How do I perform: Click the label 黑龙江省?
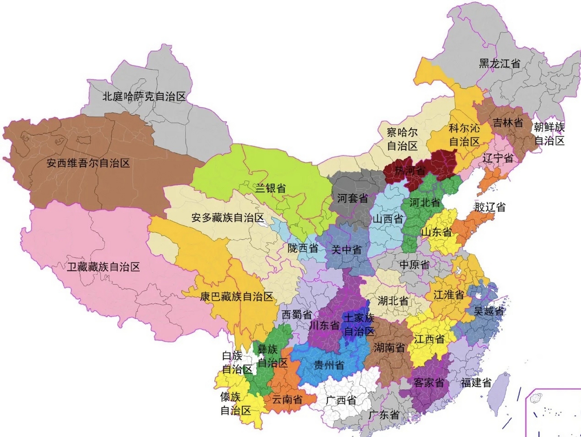(x=500, y=64)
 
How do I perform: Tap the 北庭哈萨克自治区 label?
(x=144, y=97)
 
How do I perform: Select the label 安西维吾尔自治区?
(x=88, y=163)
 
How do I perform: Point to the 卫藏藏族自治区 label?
(x=103, y=267)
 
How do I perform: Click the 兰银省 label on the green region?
(x=271, y=188)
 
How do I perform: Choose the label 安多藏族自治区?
(x=227, y=217)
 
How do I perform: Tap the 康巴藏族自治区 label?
(x=236, y=296)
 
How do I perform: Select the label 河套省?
(x=352, y=198)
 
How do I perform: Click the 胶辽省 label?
(x=490, y=207)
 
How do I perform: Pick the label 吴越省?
(x=489, y=311)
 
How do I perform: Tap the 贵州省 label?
(x=329, y=365)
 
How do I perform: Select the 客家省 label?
(x=428, y=382)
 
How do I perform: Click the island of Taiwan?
(x=499, y=393)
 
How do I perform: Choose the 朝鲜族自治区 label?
(x=549, y=134)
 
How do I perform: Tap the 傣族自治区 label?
(x=235, y=404)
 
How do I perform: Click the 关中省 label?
(x=346, y=250)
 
